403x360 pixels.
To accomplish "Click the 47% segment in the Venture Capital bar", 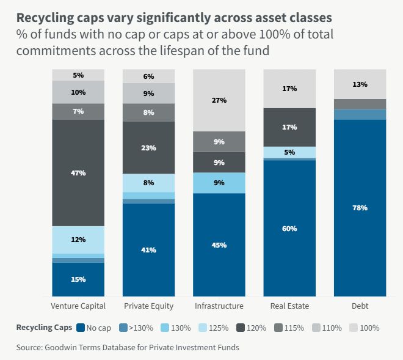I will tap(78, 173).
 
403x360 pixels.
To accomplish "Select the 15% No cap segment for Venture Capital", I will tap(78, 279).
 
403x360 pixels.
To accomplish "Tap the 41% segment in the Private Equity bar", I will tap(149, 250).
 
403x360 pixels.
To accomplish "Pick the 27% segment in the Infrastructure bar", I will tap(219, 100).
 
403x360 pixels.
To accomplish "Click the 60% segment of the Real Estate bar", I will tap(289, 229).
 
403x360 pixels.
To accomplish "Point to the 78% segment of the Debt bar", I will tap(360, 208).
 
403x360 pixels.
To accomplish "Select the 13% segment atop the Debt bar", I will tap(360, 84).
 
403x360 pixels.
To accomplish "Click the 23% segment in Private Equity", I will tap(149, 148).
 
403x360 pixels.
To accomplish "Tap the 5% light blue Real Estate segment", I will tap(289, 152).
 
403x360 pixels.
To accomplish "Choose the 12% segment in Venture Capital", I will tap(78, 240).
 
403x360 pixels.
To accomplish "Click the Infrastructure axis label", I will tap(219, 306).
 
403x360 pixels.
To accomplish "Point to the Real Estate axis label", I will tap(289, 306).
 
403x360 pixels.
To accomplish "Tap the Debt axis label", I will tap(360, 306).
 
